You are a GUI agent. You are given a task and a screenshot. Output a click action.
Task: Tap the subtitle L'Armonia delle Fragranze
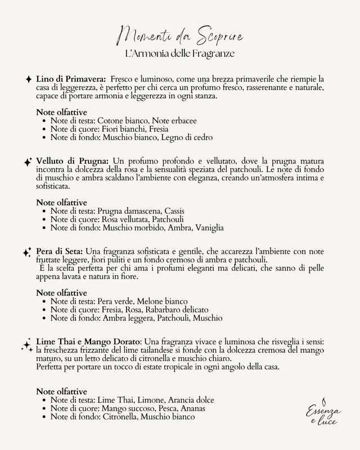(x=180, y=55)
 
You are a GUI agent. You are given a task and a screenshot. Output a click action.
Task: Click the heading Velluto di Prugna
(x=73, y=161)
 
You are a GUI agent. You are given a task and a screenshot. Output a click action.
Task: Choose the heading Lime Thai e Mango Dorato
(x=89, y=341)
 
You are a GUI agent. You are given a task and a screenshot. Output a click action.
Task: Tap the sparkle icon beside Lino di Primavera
(x=29, y=80)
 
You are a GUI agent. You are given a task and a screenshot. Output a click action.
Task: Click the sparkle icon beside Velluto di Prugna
(x=28, y=162)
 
